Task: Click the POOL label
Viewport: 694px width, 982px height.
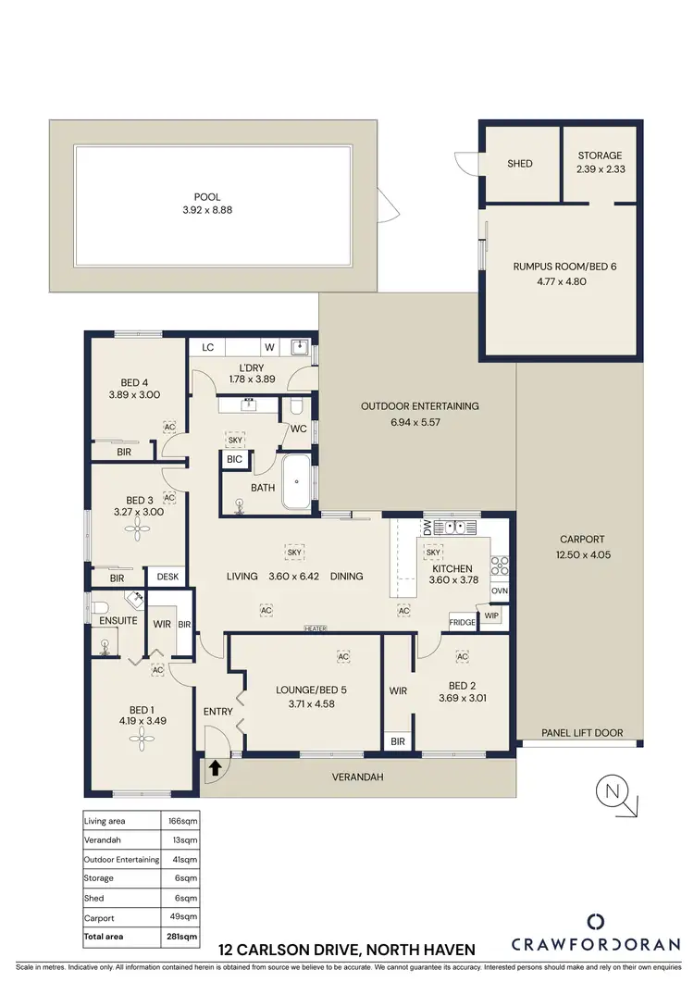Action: (206, 197)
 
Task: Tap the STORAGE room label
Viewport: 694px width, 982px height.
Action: (600, 155)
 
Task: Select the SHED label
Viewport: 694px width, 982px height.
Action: (520, 164)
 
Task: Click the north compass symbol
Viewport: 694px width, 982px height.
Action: (612, 792)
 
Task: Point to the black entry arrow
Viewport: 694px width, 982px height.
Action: (216, 767)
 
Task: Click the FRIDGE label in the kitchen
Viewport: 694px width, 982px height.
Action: (462, 623)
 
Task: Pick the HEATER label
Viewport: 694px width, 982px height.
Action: (316, 629)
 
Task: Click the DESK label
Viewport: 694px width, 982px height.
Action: (167, 577)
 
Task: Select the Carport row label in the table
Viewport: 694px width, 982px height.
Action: (98, 917)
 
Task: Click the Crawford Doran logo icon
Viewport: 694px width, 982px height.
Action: (596, 921)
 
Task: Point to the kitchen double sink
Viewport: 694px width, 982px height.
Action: (453, 528)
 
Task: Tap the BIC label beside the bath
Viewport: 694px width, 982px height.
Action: (234, 459)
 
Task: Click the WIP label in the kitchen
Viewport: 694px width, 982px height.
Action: (492, 614)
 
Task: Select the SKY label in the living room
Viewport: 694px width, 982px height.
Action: (294, 553)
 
